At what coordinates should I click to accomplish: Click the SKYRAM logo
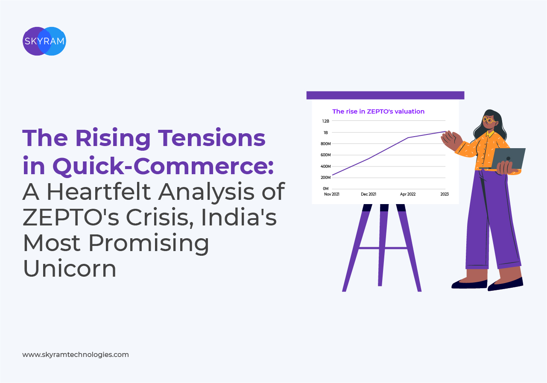coord(44,41)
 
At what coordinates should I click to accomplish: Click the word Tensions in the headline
coord(211,138)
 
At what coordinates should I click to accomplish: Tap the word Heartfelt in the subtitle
coord(99,192)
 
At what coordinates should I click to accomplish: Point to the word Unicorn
coord(69,268)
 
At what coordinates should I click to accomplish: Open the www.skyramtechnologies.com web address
coord(76,354)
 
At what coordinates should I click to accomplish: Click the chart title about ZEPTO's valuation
coord(378,111)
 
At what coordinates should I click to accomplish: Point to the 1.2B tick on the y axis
coord(325,121)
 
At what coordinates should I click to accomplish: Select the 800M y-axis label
coord(325,144)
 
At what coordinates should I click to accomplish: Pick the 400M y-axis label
coord(325,167)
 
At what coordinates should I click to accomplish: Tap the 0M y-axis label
coord(325,188)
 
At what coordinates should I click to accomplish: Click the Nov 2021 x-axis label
coord(332,194)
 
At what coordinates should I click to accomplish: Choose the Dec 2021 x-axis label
coord(369,194)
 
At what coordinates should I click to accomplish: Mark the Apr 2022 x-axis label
coord(407,194)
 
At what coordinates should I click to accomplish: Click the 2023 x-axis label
coord(445,194)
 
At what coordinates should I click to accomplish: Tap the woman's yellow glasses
coord(489,120)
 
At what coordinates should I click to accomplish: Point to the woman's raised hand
coord(451,141)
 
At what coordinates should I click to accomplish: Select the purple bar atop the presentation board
coord(385,95)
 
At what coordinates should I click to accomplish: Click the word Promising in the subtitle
coord(149,243)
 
